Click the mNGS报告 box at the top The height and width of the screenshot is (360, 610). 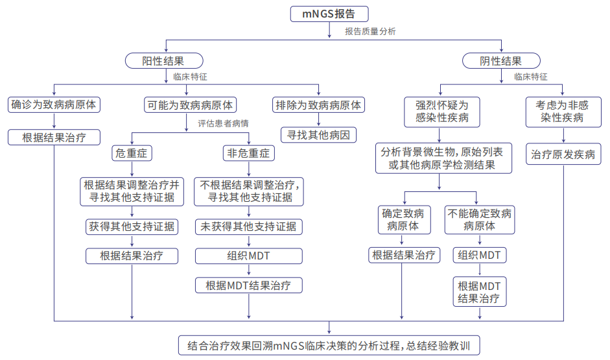[329, 14]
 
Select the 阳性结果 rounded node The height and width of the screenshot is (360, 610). [164, 61]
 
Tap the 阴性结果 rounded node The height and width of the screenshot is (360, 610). [501, 61]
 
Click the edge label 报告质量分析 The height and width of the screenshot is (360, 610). [370, 32]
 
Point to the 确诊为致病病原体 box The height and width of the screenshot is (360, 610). [54, 104]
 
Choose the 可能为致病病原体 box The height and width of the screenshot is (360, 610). [190, 104]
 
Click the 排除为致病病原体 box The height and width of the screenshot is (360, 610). [319, 104]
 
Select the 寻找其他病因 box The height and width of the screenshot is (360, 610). [319, 135]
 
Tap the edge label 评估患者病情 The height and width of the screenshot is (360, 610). [223, 123]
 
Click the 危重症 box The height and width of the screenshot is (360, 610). [132, 153]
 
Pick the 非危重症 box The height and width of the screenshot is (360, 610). [248, 153]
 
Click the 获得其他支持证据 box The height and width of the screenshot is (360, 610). [132, 226]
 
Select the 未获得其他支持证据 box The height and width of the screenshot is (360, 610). [248, 226]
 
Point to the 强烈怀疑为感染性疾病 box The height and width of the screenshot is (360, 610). [442, 112]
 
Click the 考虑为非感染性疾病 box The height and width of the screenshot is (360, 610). [563, 112]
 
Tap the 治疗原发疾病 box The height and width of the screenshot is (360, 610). [563, 154]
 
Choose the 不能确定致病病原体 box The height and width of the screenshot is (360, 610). [480, 220]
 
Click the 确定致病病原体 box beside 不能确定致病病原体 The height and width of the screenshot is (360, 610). [405, 220]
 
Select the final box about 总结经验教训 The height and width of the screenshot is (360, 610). [329, 345]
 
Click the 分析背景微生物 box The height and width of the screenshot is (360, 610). [443, 158]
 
